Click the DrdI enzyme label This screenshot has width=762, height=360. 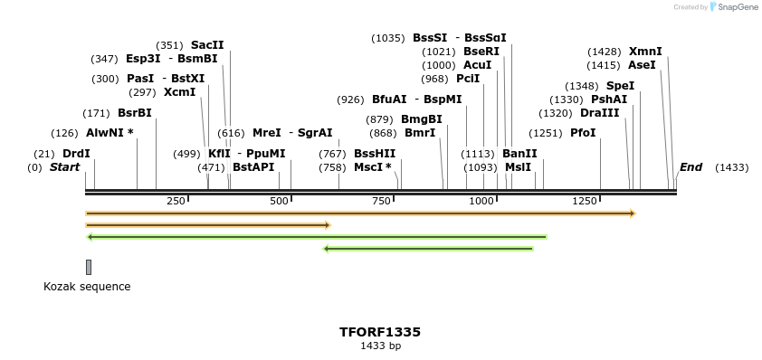tap(76, 154)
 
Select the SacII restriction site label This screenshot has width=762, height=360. tap(207, 45)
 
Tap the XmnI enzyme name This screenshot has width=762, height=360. tap(645, 52)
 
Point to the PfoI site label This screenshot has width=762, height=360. tap(583, 133)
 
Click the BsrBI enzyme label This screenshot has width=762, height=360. tap(135, 113)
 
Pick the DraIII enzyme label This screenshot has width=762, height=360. tap(600, 113)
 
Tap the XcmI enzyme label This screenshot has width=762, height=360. tap(179, 92)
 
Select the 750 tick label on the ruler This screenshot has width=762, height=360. tap(379, 200)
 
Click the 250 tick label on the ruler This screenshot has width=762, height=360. tap(176, 200)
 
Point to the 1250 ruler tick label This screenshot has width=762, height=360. tap(585, 200)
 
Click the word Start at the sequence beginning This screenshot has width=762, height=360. tap(64, 167)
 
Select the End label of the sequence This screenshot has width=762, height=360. tap(691, 167)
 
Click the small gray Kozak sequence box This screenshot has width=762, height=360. tap(89, 267)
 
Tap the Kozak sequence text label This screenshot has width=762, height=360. tap(87, 287)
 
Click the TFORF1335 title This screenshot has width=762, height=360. tap(380, 332)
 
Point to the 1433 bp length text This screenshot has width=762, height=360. tap(380, 346)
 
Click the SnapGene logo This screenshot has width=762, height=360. tap(734, 7)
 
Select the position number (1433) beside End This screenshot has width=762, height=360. tap(731, 167)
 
